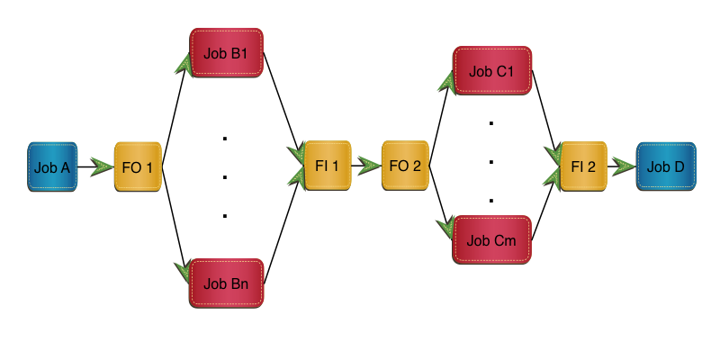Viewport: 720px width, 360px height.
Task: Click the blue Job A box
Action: pos(52,166)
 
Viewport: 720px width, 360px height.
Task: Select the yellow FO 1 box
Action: pos(138,166)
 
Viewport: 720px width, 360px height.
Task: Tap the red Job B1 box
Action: pos(226,53)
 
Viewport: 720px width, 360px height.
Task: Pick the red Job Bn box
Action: pos(226,283)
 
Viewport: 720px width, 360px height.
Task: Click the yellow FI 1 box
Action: pos(327,166)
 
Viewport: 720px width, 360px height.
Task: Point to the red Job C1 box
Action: pos(491,71)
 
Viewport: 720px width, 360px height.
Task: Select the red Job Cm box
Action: pos(491,238)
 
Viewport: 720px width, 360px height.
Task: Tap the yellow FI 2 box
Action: pos(583,166)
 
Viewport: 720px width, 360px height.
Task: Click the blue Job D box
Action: pos(667,166)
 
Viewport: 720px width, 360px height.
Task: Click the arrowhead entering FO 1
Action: pos(104,166)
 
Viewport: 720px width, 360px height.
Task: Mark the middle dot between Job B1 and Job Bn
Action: pos(225,176)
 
